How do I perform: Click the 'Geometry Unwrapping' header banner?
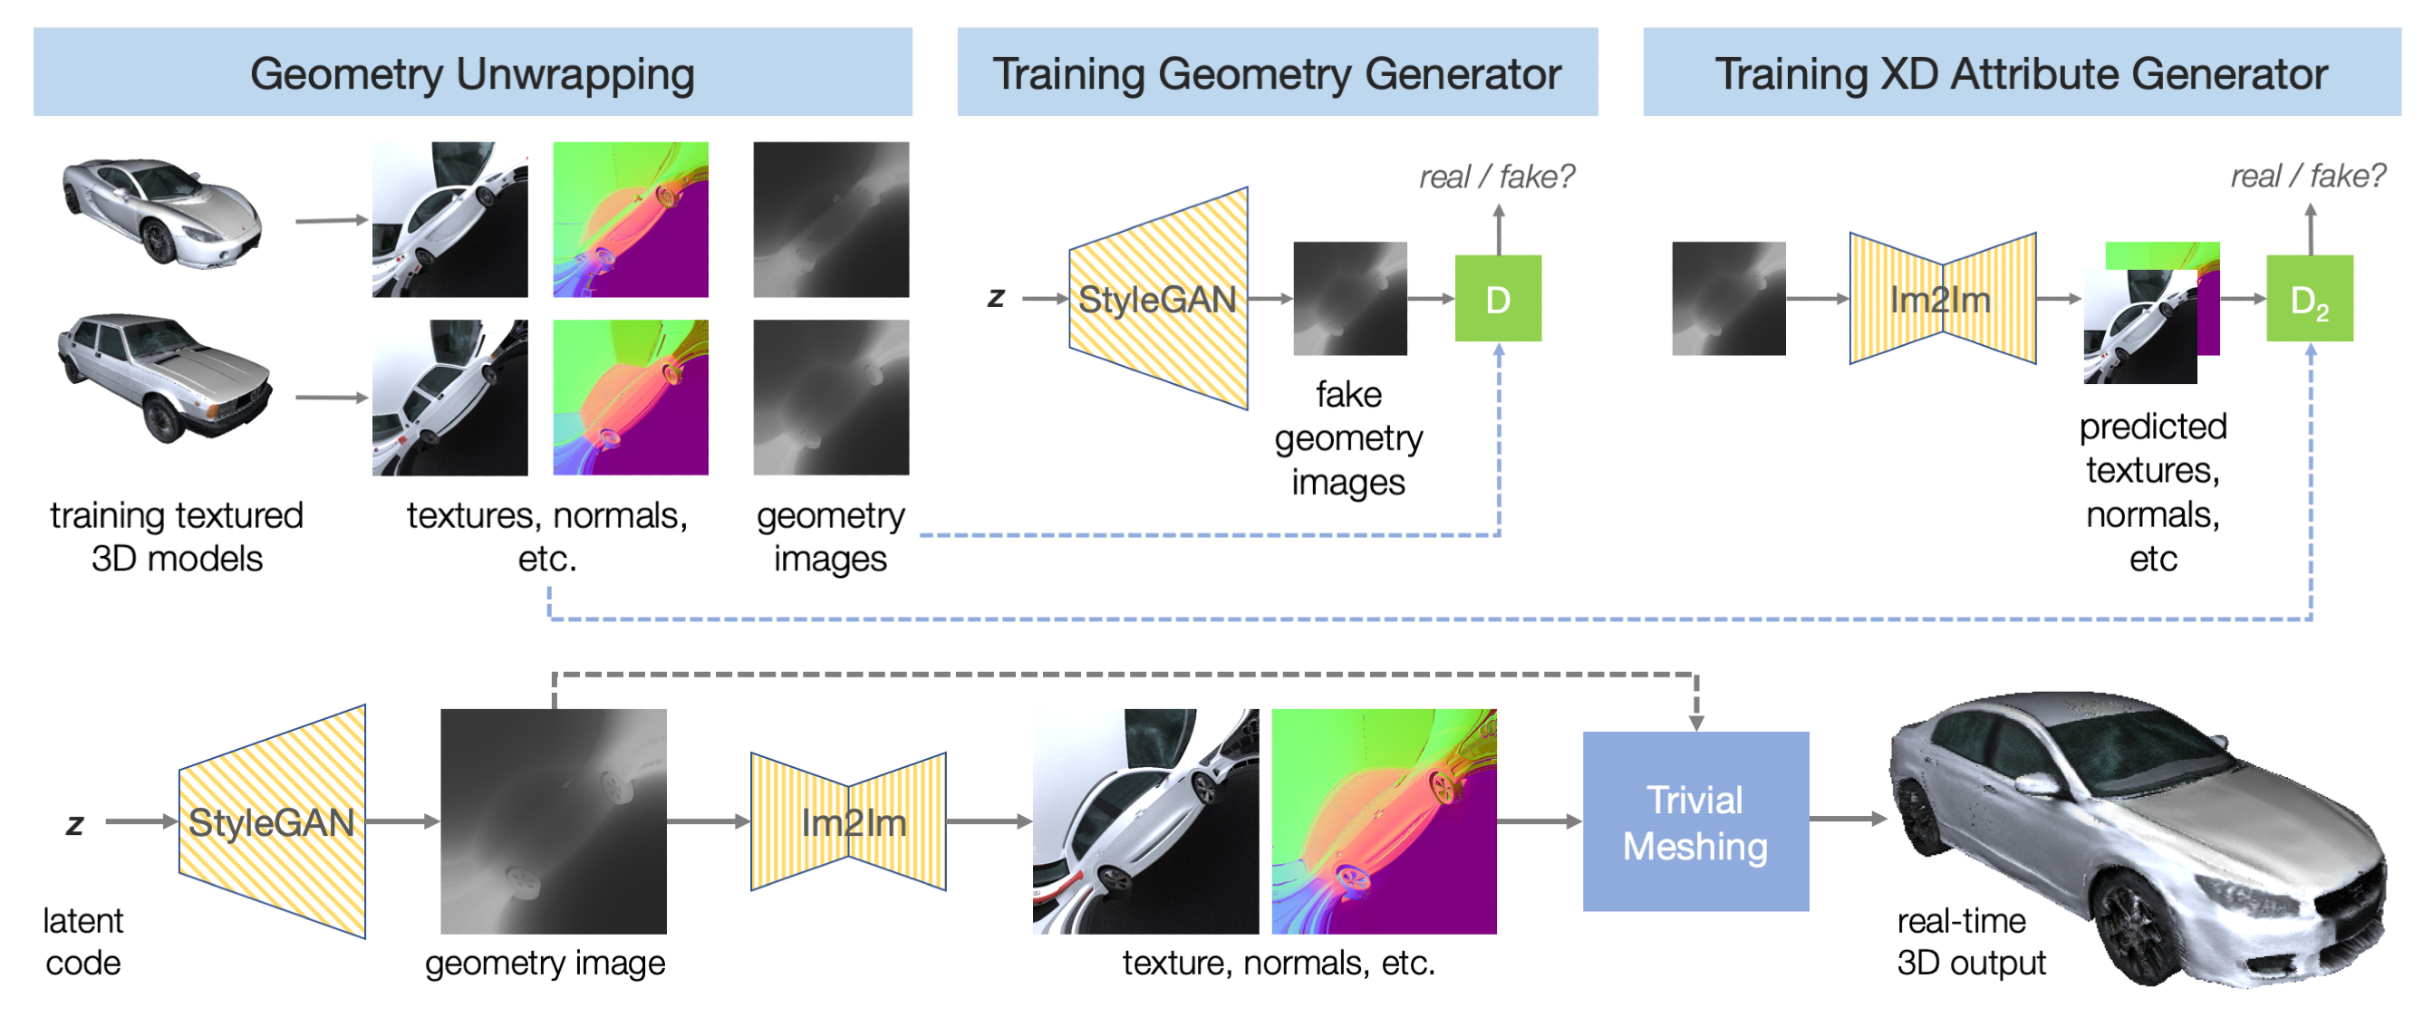pos(472,72)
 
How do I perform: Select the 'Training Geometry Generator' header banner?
pos(1277,72)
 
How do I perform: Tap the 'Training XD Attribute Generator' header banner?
pos(2022,72)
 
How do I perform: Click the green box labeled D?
pos(1498,298)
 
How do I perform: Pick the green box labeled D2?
pos(2309,298)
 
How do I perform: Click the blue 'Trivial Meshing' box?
pos(1695,821)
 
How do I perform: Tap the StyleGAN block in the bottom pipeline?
pos(272,821)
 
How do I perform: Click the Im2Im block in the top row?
pos(1942,298)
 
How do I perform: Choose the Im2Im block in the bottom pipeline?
pos(848,821)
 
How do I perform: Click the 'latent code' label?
pos(83,941)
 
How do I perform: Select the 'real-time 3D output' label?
pos(1970,941)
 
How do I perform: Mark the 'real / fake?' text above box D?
pos(1496,177)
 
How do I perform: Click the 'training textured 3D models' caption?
pos(177,536)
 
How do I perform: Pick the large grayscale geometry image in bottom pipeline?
pos(554,821)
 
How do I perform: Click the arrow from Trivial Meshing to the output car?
pos(1848,819)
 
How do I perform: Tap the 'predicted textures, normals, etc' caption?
pos(2152,492)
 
